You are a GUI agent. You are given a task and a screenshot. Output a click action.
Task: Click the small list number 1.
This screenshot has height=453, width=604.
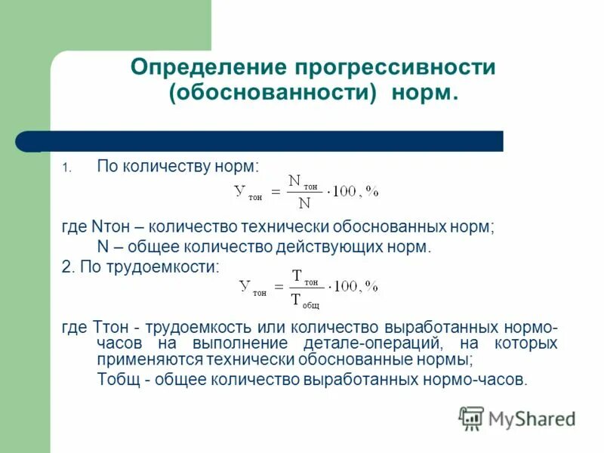coord(66,168)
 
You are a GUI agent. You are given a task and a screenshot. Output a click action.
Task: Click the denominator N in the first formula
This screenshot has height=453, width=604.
coord(304,202)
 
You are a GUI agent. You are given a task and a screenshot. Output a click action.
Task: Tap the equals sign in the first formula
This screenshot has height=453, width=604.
coord(276,193)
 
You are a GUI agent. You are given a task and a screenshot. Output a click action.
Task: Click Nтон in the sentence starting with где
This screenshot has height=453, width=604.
coord(115,227)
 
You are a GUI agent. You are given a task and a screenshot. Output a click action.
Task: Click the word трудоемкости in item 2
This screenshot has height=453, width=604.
coord(171,267)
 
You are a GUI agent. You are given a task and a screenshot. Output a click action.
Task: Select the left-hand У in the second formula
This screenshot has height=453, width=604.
coord(245,286)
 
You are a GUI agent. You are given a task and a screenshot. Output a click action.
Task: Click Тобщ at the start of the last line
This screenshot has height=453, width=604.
coord(122,380)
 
